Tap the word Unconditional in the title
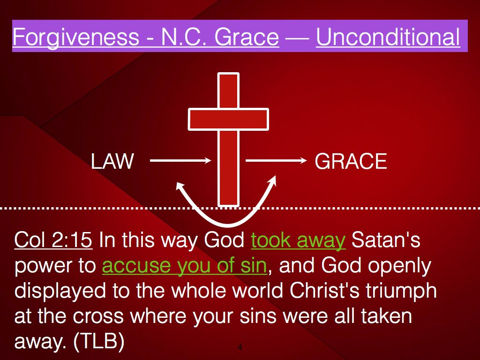[x=388, y=37]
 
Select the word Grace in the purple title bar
[x=247, y=37]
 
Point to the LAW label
[x=112, y=161]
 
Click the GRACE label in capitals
[x=351, y=161]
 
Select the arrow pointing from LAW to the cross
[x=180, y=160]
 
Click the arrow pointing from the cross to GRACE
[x=276, y=160]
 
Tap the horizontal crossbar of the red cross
[x=228, y=119]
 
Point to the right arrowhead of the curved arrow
[x=272, y=180]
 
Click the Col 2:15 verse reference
[x=53, y=240]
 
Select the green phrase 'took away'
[x=298, y=240]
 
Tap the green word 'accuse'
[x=136, y=266]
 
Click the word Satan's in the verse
[x=386, y=240]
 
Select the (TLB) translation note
[x=99, y=341]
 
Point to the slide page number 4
[x=240, y=347]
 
